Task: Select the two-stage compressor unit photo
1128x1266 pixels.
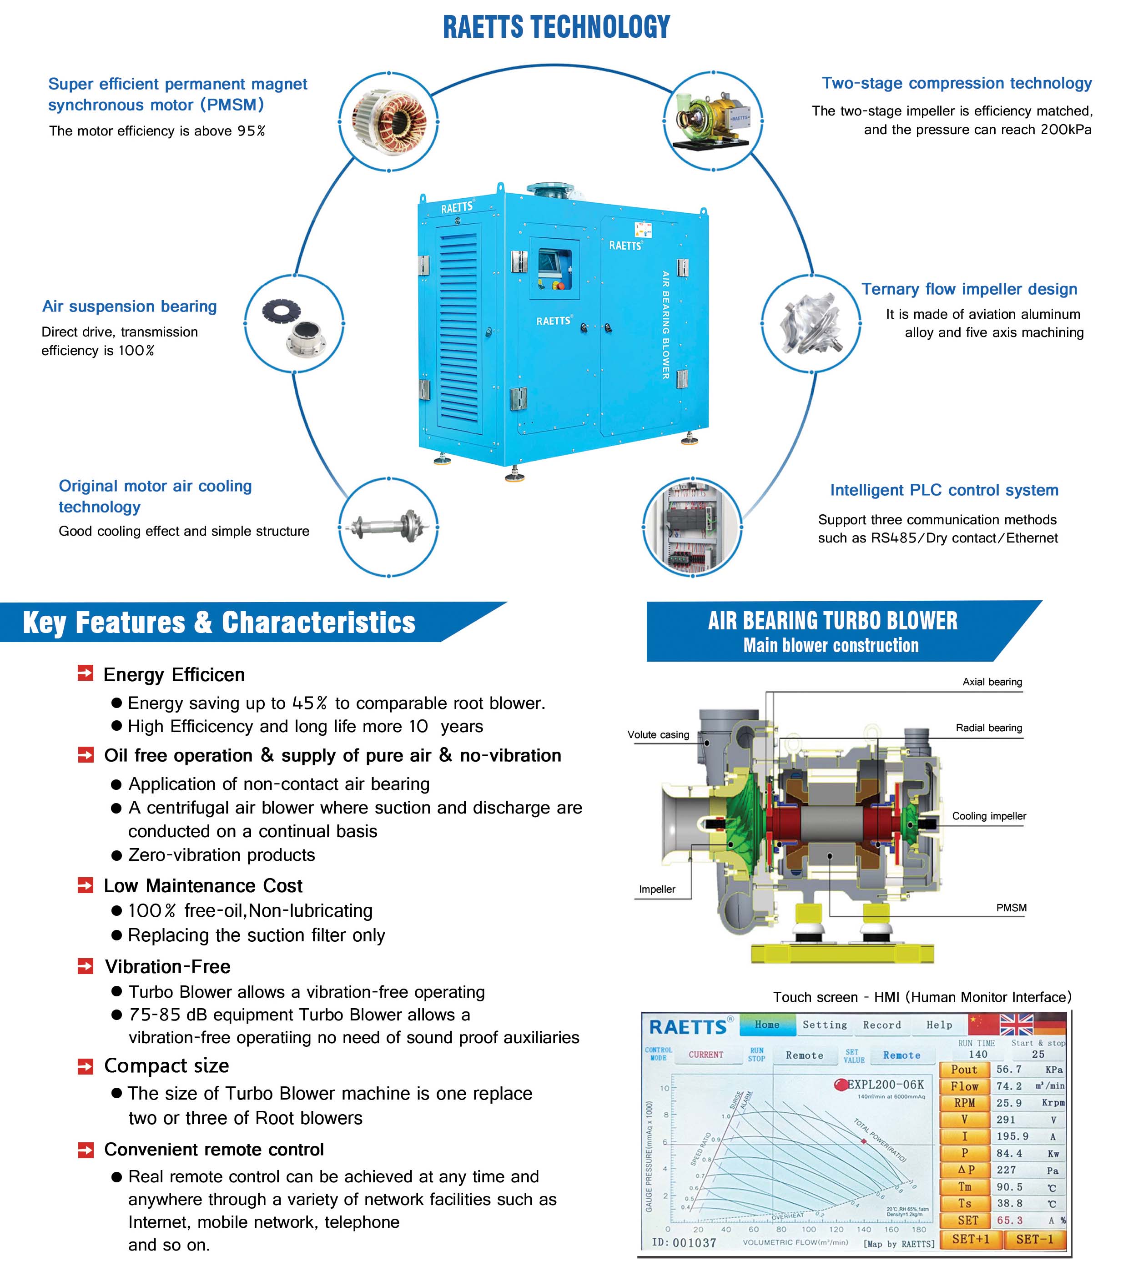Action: click(x=713, y=120)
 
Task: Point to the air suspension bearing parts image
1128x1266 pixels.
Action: click(x=294, y=323)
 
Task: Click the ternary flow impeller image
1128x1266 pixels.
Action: click(x=811, y=323)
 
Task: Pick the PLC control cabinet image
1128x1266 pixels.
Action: click(x=692, y=527)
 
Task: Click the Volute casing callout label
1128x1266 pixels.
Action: click(x=658, y=734)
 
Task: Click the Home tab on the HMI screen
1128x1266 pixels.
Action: click(x=767, y=1025)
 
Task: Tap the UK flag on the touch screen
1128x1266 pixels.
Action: click(x=1017, y=1025)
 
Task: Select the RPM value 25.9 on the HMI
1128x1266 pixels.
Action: click(x=1009, y=1103)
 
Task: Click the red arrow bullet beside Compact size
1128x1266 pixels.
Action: click(x=86, y=1066)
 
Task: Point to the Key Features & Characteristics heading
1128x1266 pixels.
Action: click(x=219, y=623)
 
